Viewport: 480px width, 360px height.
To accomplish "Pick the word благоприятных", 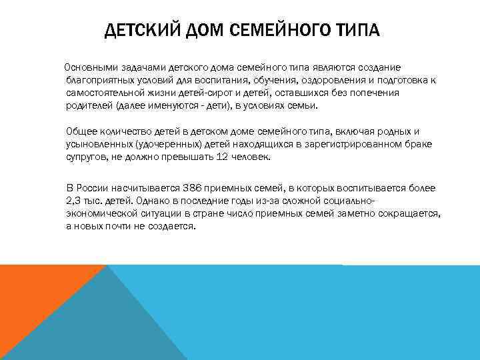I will coord(99,80).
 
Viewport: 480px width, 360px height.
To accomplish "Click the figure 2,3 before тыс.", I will coord(74,200).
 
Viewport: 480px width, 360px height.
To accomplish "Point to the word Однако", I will coord(147,200).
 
